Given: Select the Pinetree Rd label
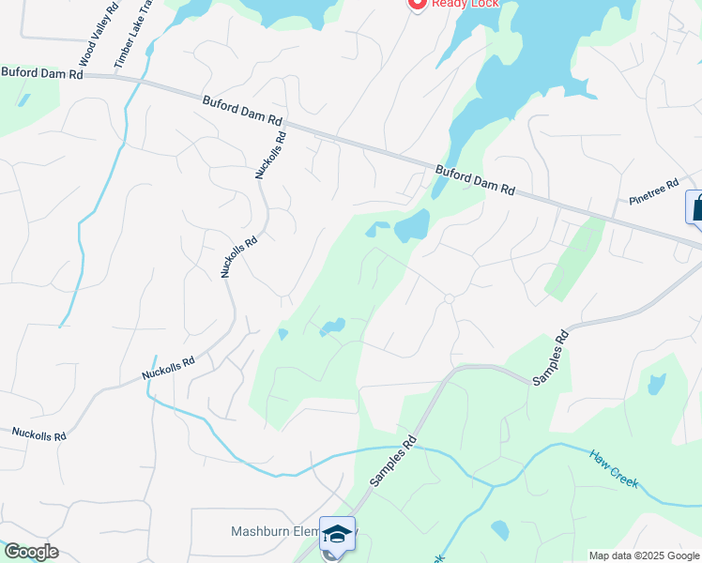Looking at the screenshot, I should coord(653,192).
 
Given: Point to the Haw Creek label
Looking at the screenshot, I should coord(614,469).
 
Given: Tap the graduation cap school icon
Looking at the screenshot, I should coord(337,534).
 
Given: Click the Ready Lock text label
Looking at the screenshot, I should coord(465,4).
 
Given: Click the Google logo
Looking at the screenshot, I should coord(30,552).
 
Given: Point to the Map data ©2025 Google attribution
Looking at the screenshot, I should coord(644,555).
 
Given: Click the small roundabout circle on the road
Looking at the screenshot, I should coord(449,298).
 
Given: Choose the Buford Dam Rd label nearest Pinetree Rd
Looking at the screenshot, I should coord(475,179).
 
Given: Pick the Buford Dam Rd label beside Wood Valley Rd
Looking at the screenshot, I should coord(42,72).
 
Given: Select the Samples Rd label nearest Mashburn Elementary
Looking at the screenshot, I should coord(392,461).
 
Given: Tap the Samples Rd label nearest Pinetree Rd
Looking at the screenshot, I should coord(551,357).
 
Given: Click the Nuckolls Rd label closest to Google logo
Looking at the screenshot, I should coord(39,434).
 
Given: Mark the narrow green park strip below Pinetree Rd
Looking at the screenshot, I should coord(574,258).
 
